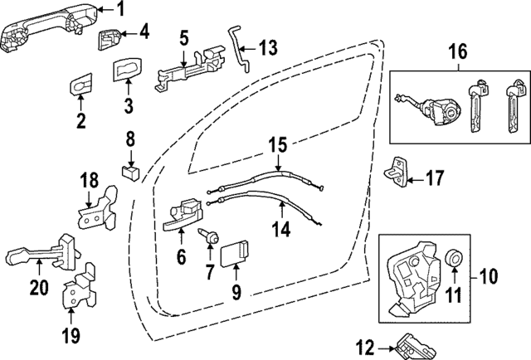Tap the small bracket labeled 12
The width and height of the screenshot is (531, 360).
(412, 343)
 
